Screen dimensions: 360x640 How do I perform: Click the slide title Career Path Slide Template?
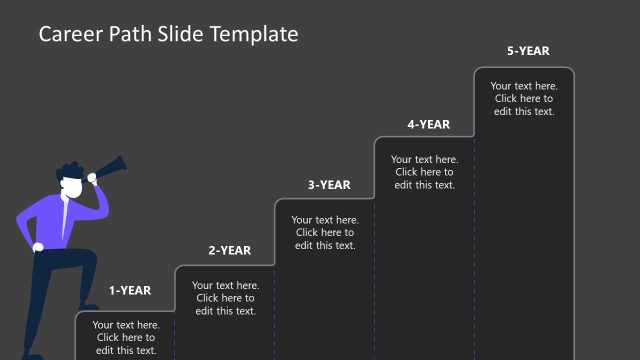[x=168, y=34]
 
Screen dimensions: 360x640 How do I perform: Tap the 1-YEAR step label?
[x=130, y=291]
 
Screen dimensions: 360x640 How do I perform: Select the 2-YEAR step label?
[x=229, y=251]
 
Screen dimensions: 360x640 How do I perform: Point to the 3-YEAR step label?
[x=329, y=185]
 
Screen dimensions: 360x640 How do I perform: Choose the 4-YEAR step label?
[x=428, y=125]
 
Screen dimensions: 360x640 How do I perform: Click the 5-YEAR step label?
[x=528, y=51]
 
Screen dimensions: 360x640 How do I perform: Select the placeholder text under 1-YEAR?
[x=126, y=337]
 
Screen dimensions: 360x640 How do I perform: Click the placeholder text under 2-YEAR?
[x=226, y=298]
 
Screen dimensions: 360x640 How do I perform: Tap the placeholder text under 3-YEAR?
[x=325, y=232]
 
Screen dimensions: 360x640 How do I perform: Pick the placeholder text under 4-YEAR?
[x=425, y=172]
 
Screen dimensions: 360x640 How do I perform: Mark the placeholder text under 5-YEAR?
[x=524, y=98]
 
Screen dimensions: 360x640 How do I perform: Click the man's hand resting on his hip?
[x=37, y=247]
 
